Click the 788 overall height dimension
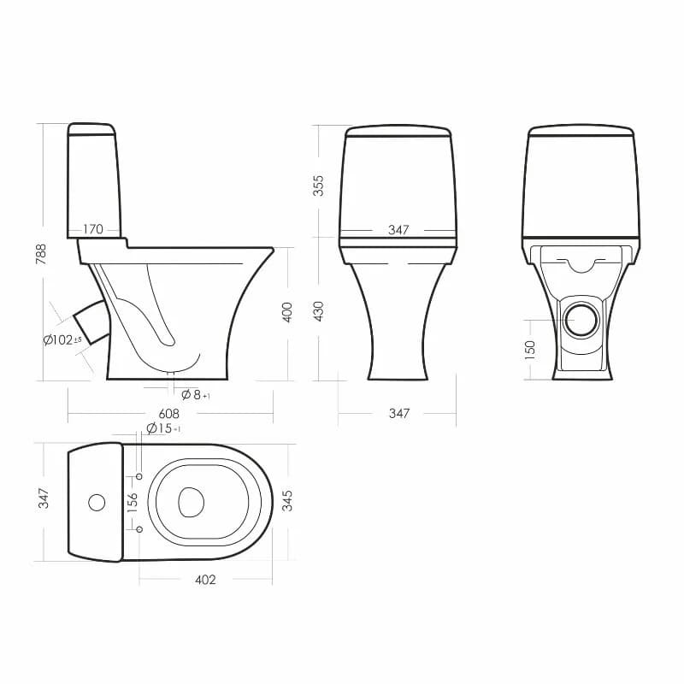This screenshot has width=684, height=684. point(41,254)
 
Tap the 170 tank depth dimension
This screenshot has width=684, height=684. point(93,229)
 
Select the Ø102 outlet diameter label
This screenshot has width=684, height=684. point(62,339)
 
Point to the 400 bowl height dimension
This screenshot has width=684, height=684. point(287,312)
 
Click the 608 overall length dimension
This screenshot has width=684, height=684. point(168,413)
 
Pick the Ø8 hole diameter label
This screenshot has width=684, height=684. point(196,395)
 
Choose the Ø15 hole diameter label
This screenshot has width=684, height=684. point(163,428)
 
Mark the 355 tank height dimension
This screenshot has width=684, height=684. point(319,186)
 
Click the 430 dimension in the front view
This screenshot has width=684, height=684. point(319,311)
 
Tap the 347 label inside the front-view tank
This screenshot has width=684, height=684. point(398,230)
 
